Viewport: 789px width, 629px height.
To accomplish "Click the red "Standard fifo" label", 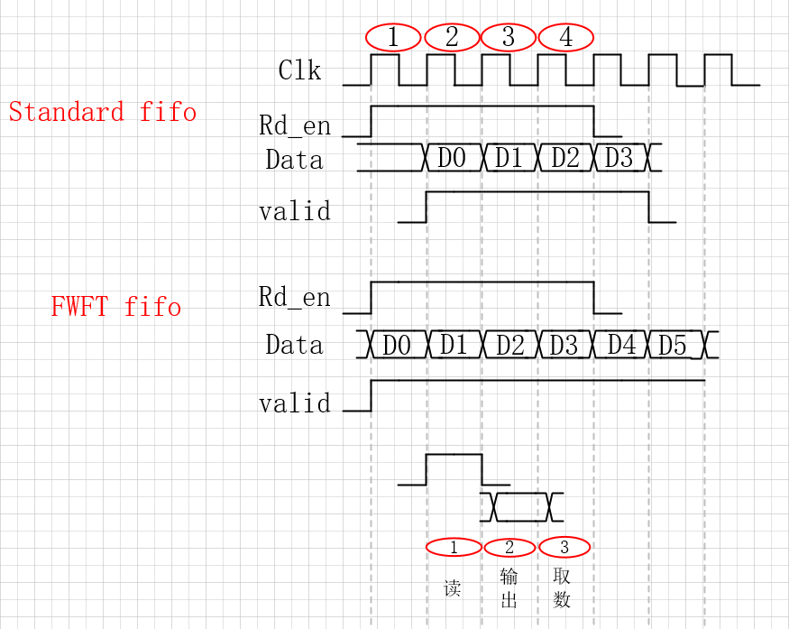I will pos(103,112).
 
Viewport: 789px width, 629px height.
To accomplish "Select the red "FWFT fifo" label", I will pos(116,307).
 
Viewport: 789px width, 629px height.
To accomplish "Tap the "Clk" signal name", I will pos(299,70).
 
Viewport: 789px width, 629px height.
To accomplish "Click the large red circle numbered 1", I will pos(393,37).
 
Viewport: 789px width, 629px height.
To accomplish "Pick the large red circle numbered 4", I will pos(565,37).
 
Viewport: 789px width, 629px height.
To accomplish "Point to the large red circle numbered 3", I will pos(509,37).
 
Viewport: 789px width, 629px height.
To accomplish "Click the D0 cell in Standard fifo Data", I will pos(452,158).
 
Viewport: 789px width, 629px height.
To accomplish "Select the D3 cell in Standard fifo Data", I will pos(619,158).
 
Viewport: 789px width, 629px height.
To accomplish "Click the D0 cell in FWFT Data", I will pos(397,345).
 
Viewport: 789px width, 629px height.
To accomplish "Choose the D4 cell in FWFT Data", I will pos(621,345).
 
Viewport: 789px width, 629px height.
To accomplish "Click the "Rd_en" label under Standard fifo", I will pos(295,125).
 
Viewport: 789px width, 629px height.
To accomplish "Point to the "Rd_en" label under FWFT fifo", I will pos(295,298).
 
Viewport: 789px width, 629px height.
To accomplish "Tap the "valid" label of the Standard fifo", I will pos(295,211).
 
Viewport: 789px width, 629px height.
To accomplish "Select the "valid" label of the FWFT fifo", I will pos(295,402).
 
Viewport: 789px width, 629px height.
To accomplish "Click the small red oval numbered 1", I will pos(454,547).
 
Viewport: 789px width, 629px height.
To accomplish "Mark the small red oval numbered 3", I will pos(564,547).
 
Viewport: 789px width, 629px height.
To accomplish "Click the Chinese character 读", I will pos(453,589).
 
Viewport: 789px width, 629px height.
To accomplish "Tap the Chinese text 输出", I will pos(509,587).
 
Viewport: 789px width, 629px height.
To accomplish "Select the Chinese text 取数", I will pos(562,587).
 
